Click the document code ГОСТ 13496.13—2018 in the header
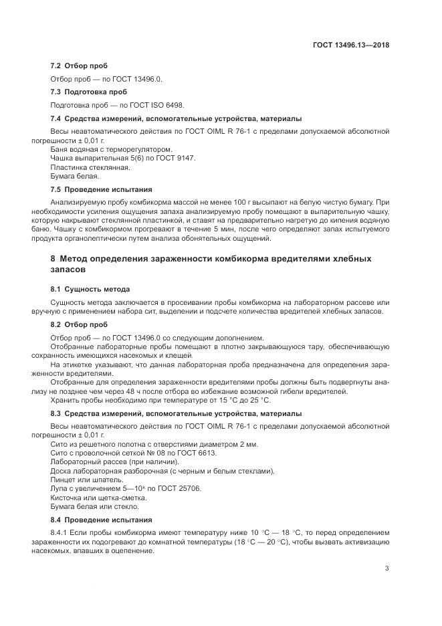pyautogui.click(x=351, y=45)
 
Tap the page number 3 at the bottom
pyautogui.click(x=387, y=568)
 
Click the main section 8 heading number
pyautogui.click(x=53, y=258)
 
